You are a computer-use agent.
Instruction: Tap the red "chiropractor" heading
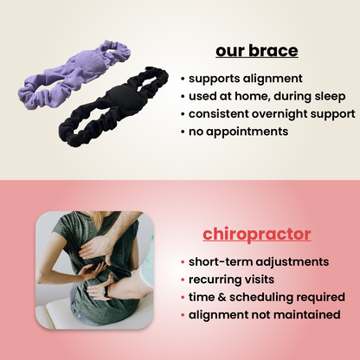[257, 234]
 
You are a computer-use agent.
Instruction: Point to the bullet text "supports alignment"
[241, 77]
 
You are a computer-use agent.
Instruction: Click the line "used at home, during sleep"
[265, 95]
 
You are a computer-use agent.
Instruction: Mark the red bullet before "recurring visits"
[183, 279]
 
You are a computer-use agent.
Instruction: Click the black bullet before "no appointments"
[183, 132]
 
